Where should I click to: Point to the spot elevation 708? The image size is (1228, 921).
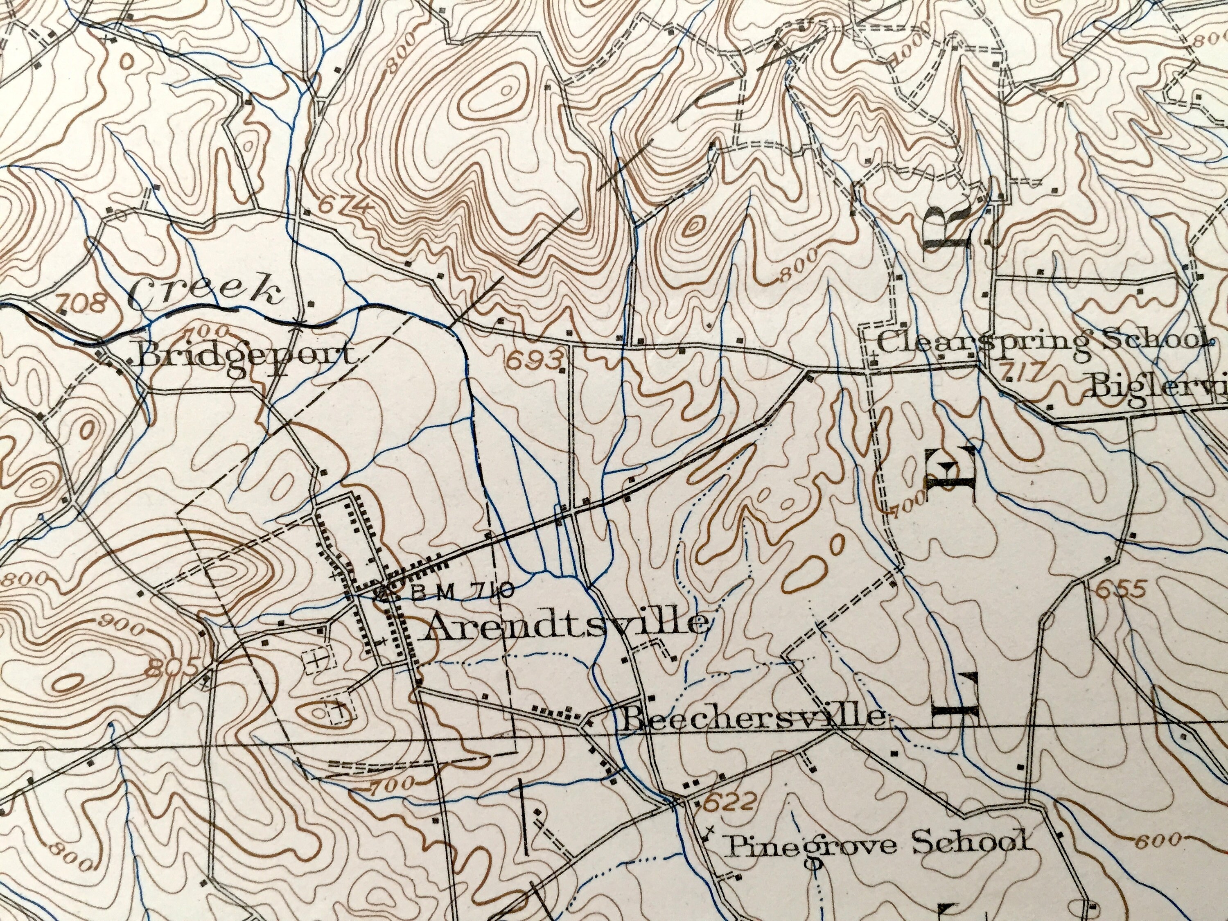82,304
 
